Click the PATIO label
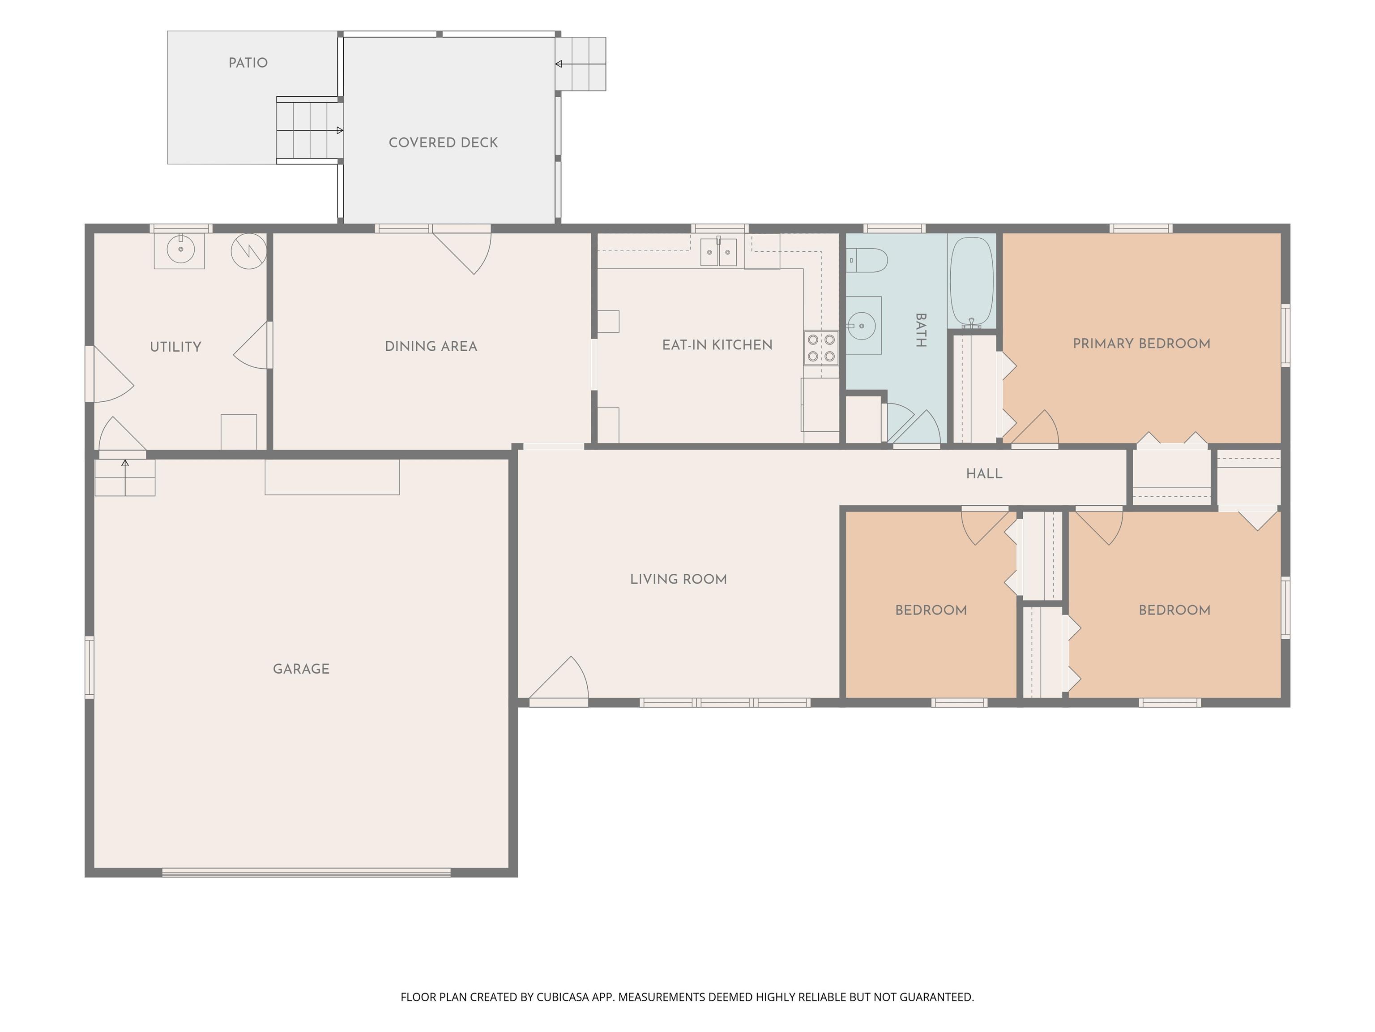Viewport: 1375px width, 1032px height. (x=248, y=63)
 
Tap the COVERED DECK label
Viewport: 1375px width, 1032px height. (x=443, y=142)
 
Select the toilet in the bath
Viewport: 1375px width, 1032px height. (x=867, y=260)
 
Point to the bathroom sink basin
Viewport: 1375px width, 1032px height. (x=862, y=325)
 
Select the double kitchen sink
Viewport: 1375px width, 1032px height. (x=718, y=251)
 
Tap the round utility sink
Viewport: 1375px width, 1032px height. (x=180, y=249)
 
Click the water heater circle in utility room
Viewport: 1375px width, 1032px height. (x=249, y=251)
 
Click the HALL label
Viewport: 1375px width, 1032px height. (x=984, y=474)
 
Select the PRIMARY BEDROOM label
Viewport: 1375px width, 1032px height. (x=1141, y=344)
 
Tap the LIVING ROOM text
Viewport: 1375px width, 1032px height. (x=678, y=579)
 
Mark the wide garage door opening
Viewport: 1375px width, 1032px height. (x=307, y=872)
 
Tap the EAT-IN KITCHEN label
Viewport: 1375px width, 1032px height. (x=717, y=344)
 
